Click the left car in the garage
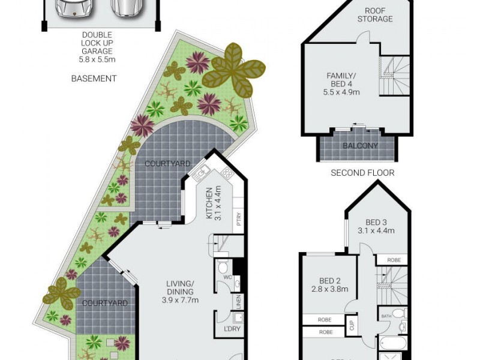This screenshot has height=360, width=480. point(71,7)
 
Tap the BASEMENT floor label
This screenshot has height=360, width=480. point(94,79)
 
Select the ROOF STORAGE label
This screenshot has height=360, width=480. point(375,14)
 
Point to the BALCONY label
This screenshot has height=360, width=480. point(360,146)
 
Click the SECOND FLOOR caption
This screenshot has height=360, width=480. point(362,173)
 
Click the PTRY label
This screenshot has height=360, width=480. point(239,217)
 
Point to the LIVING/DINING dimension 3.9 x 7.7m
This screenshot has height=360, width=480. point(181,300)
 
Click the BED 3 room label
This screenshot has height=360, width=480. point(376,223)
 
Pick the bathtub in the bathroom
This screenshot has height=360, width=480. point(394,344)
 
